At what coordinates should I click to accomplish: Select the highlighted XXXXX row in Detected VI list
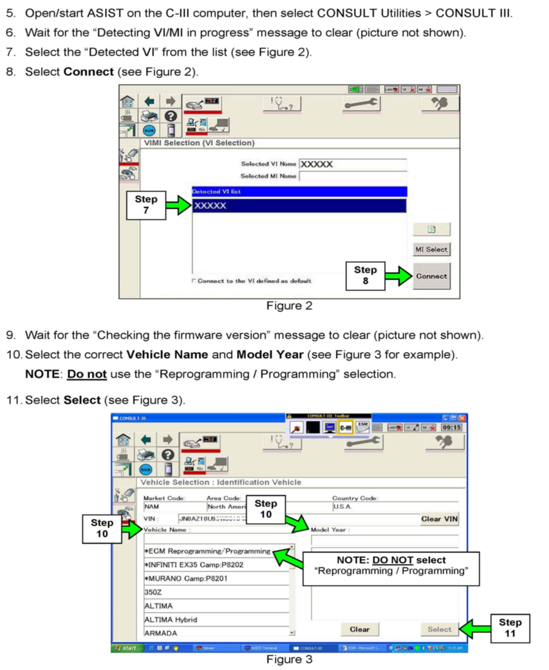(x=299, y=206)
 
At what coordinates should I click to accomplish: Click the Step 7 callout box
(x=146, y=205)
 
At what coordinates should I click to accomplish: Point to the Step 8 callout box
(x=365, y=275)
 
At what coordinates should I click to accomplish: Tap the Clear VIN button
(x=439, y=519)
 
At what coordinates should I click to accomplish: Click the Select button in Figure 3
(x=439, y=629)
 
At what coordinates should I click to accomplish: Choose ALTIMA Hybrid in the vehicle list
(x=171, y=619)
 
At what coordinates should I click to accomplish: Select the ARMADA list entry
(x=161, y=633)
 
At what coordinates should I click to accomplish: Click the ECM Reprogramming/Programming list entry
(x=207, y=551)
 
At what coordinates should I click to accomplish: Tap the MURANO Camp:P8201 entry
(x=186, y=578)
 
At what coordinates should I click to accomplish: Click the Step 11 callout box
(x=510, y=628)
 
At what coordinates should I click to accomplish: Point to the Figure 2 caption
(x=289, y=306)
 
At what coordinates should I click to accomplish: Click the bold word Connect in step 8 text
(x=88, y=72)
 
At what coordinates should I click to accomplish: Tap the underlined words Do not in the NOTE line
(x=87, y=374)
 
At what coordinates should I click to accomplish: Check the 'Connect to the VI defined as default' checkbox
(x=193, y=280)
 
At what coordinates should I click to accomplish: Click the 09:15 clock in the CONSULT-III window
(x=451, y=428)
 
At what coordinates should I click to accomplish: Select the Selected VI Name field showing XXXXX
(x=353, y=164)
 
